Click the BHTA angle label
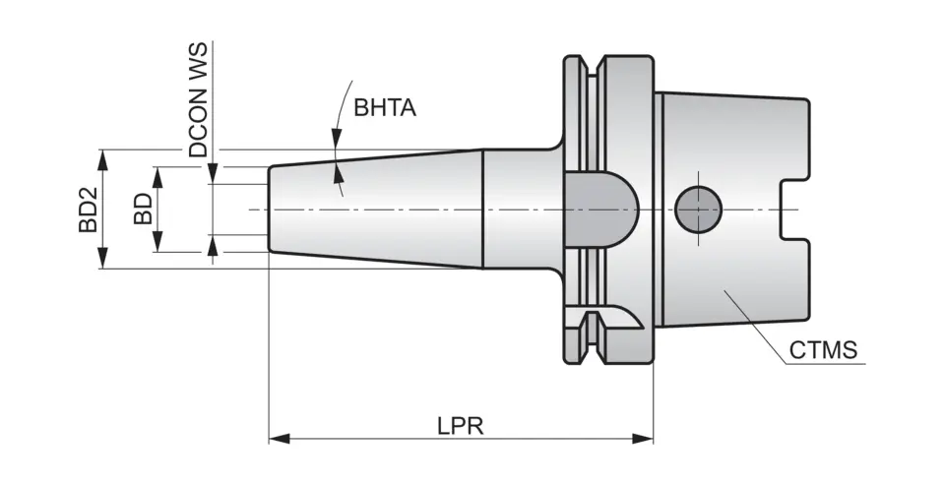coord(385,107)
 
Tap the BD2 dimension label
coord(89,210)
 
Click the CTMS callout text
coord(824,351)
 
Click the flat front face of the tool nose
coord(270,210)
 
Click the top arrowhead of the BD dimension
coord(157,174)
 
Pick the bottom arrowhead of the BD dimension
coord(157,245)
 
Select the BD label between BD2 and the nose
coord(144,210)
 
